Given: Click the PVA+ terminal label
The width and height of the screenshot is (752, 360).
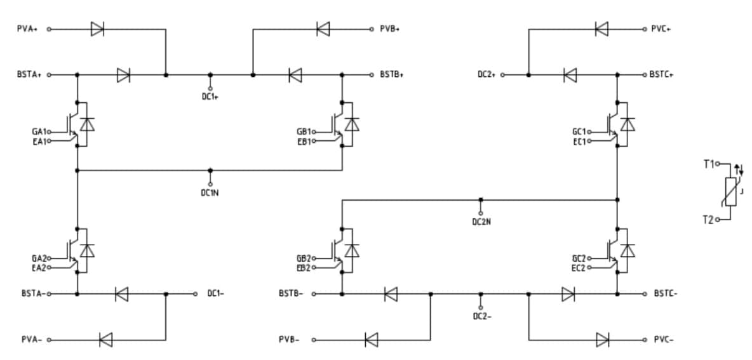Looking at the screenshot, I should tap(27, 29).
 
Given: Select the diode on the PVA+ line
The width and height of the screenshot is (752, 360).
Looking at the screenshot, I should tap(97, 29).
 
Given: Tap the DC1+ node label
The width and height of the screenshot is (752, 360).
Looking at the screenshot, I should tap(210, 97).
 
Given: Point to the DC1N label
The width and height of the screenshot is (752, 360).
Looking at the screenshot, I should tap(210, 192).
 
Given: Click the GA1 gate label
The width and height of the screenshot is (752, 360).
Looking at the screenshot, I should tap(39, 131).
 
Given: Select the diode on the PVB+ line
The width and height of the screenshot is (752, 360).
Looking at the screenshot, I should tap(323, 28).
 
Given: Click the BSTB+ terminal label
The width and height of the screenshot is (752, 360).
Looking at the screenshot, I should tap(392, 75).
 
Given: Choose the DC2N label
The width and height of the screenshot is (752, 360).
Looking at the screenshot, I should tap(481, 222).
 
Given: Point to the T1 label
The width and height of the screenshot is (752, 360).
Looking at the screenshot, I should tap(708, 164).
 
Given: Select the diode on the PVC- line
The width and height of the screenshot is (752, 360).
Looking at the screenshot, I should tap(602, 340).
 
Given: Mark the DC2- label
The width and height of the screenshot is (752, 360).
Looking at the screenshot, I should tap(481, 316).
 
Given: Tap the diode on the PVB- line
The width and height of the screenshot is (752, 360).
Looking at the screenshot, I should tap(372, 340).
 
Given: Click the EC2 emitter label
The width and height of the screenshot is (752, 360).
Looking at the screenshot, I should tap(579, 267).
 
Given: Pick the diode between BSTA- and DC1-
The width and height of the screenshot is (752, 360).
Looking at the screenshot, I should tap(121, 294).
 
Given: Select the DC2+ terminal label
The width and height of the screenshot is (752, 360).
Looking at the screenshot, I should tap(487, 75).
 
